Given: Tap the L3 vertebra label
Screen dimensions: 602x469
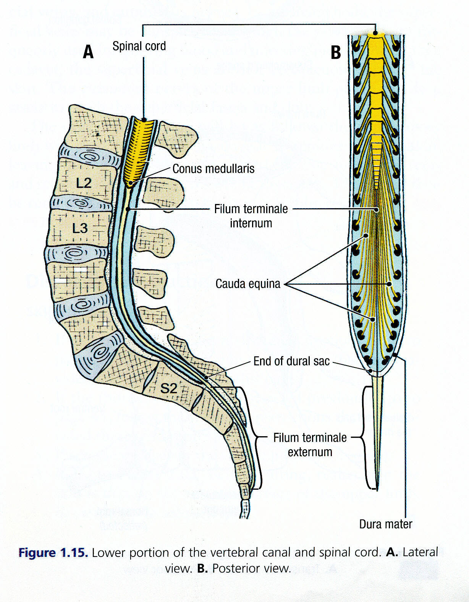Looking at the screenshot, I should pos(80,228).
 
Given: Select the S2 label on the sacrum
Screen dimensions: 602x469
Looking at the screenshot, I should pos(168,388).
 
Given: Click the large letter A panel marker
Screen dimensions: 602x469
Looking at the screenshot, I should pos(88,52).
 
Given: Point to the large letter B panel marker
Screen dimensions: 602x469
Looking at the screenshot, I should pos(336,52).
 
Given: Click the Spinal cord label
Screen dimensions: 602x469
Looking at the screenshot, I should pos(139,46).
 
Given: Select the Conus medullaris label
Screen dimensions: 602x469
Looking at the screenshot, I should pos(213,168).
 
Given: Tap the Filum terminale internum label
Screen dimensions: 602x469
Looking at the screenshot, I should pos(251,216).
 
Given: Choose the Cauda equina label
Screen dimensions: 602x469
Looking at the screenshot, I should pos(248,284).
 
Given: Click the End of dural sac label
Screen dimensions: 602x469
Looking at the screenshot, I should pos(291,361).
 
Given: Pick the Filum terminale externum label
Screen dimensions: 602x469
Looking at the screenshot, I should pos(310,445).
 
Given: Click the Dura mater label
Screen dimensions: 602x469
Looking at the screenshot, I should pos(386,524).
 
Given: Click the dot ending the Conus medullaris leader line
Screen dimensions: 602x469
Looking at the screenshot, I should pos(131,184).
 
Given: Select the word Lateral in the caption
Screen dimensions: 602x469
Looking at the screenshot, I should pos(420,552).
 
